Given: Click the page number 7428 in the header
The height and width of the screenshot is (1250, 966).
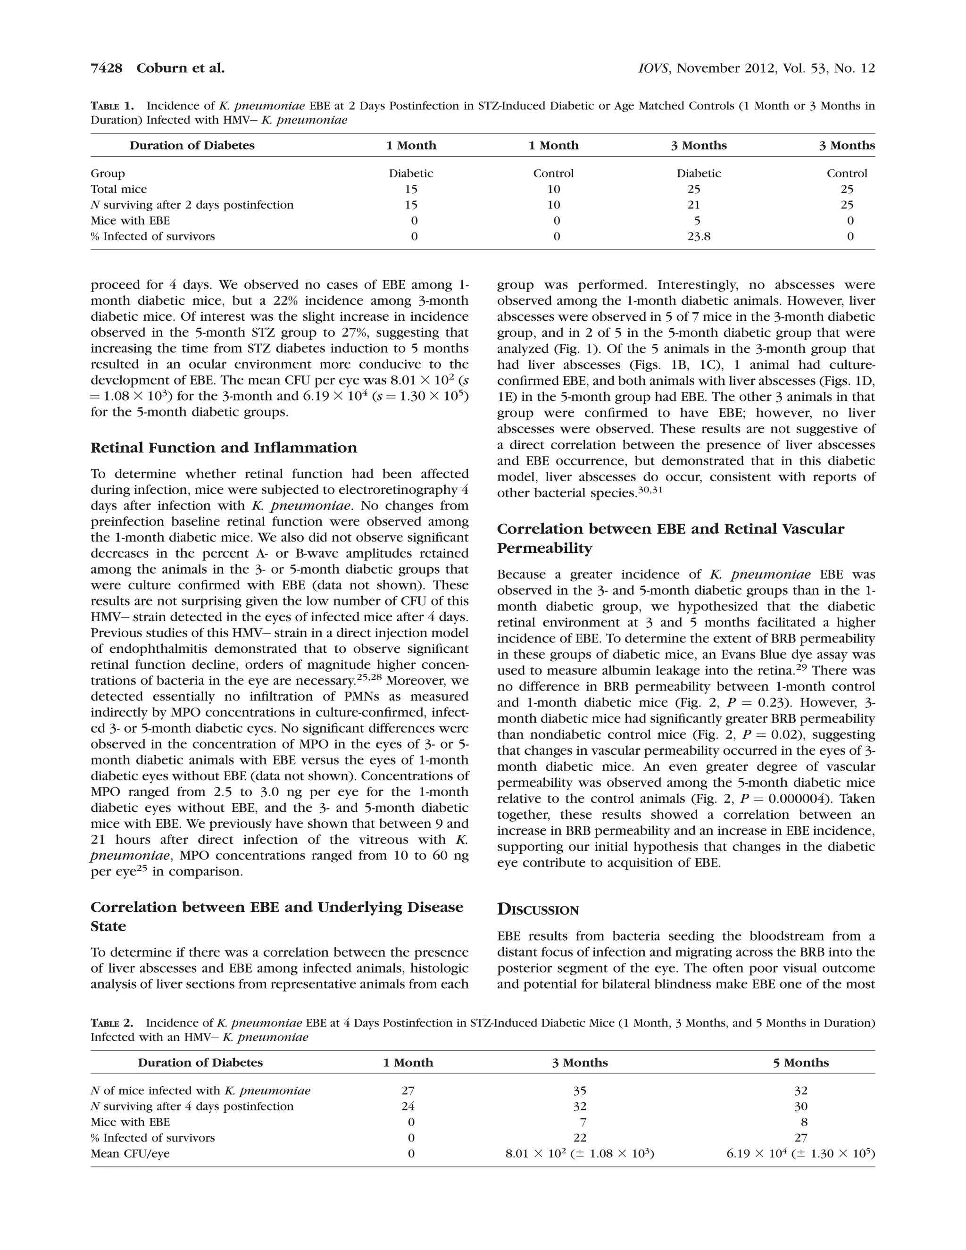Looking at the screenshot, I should point(107,68).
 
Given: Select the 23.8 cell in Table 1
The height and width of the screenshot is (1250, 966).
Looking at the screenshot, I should point(698,236).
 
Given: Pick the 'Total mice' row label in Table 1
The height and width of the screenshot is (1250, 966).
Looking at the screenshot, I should point(118,189).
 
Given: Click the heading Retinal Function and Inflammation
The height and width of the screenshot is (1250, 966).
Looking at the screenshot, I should point(223,448).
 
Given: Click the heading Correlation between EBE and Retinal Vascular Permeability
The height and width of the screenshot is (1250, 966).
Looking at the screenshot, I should point(670,538).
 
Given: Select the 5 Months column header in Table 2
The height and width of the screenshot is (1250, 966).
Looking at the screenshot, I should point(800,1063).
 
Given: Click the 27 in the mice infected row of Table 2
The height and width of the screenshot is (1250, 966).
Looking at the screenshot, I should point(408,1090).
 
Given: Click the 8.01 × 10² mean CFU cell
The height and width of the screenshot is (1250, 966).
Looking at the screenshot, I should point(579,1153).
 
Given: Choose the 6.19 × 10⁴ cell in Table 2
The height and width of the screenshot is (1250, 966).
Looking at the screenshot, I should point(800,1153).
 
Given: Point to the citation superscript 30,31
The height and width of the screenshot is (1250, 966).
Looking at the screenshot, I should point(650,491).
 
